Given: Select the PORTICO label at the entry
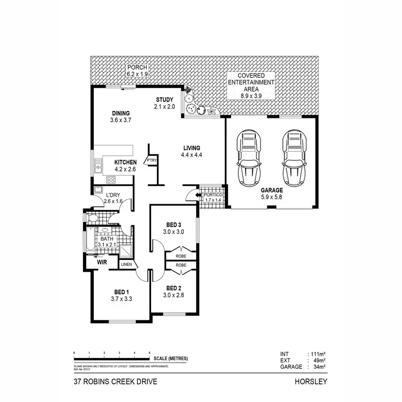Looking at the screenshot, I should pyautogui.click(x=213, y=195).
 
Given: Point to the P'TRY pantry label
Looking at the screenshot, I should pyautogui.click(x=152, y=160).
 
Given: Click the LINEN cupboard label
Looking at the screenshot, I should pyautogui.click(x=126, y=264).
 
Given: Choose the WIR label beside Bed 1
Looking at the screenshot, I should pyautogui.click(x=103, y=263).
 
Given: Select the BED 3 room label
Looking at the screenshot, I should pyautogui.click(x=174, y=225).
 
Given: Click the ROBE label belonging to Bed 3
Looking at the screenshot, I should pyautogui.click(x=181, y=256).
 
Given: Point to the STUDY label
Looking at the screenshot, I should pyautogui.click(x=165, y=100).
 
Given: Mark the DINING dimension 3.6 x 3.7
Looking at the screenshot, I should pyautogui.click(x=121, y=121).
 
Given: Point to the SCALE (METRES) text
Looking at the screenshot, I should pyautogui.click(x=171, y=359).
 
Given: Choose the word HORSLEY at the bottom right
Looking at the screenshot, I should pyautogui.click(x=310, y=383).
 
